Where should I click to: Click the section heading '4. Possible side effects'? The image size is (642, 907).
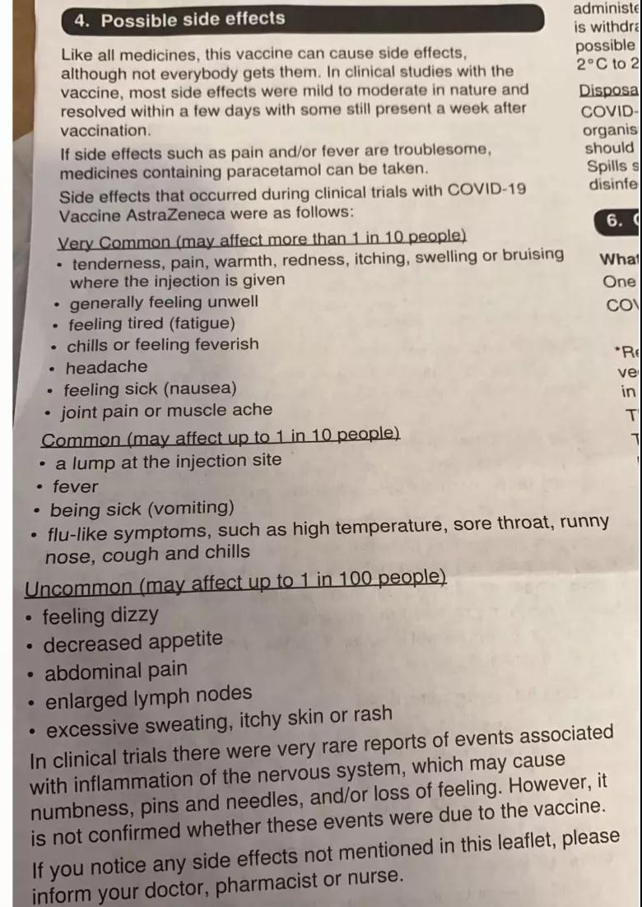click(x=179, y=19)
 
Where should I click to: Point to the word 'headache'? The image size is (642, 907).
click(x=107, y=367)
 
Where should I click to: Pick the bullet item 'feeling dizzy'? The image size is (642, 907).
click(x=100, y=616)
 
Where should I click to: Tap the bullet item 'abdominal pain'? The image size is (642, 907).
click(x=115, y=671)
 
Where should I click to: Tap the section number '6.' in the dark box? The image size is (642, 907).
click(x=614, y=220)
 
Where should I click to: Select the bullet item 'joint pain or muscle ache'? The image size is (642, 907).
click(x=166, y=410)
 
